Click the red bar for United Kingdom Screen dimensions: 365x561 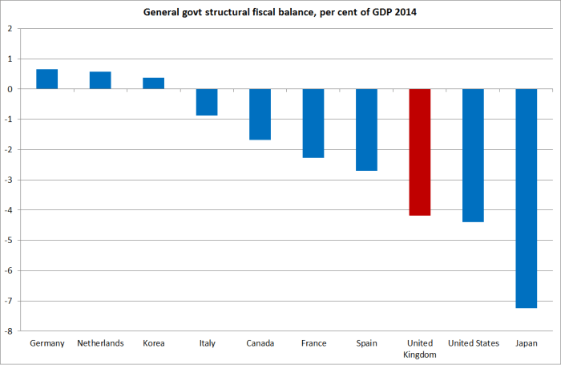pos(420,152)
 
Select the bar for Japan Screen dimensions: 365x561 pos(527,198)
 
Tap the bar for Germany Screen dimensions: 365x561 pos(46,79)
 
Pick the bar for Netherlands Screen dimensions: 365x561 pos(100,80)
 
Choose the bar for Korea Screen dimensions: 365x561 pos(153,83)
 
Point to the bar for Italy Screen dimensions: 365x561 pos(207,102)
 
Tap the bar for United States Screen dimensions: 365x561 pos(473,156)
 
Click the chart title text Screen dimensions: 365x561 pos(280,13)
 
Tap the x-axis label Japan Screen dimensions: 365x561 pos(527,343)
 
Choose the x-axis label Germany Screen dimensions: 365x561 pos(46,343)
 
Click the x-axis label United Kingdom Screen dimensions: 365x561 pos(420,348)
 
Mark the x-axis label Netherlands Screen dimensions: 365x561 pos(100,343)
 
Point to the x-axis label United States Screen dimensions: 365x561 pos(473,343)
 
